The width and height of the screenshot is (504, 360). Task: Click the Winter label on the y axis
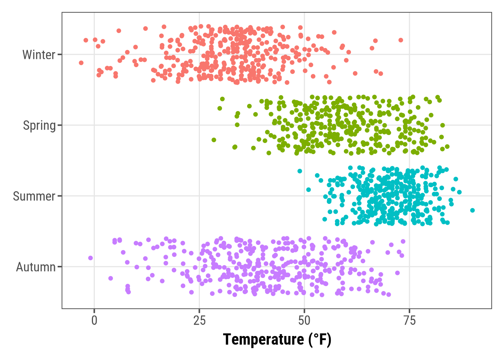click(39, 55)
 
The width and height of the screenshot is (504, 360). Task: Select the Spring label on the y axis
click(39, 125)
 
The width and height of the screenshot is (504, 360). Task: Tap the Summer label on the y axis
click(34, 196)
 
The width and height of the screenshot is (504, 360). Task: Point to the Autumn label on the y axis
click(36, 267)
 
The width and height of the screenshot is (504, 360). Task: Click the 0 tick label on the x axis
click(94, 320)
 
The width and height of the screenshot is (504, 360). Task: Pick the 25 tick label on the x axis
click(199, 320)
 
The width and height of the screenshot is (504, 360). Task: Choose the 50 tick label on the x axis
click(304, 320)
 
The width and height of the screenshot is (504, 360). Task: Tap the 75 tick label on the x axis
click(409, 320)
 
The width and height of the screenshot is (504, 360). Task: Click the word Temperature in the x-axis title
click(263, 339)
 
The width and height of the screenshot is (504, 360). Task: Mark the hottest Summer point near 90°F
click(472, 210)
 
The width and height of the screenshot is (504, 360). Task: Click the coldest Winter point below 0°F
click(81, 63)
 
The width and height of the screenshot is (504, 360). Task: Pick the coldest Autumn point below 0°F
click(90, 258)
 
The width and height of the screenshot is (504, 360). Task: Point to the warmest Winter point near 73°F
click(400, 40)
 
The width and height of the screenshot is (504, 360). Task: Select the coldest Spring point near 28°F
click(214, 140)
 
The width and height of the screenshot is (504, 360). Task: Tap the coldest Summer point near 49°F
click(300, 171)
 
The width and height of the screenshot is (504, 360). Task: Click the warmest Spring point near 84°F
click(447, 147)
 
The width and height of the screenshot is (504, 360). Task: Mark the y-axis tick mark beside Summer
click(60, 196)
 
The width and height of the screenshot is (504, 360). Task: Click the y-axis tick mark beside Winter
click(60, 54)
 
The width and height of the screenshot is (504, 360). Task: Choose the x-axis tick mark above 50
click(304, 311)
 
